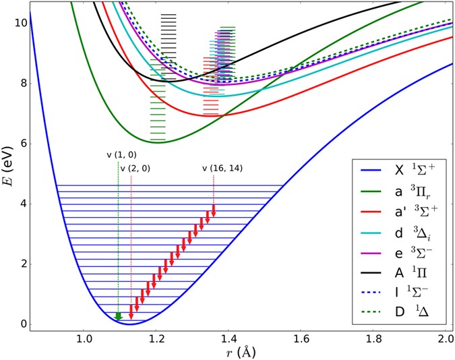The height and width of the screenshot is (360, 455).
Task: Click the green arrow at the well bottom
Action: coord(118,316)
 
